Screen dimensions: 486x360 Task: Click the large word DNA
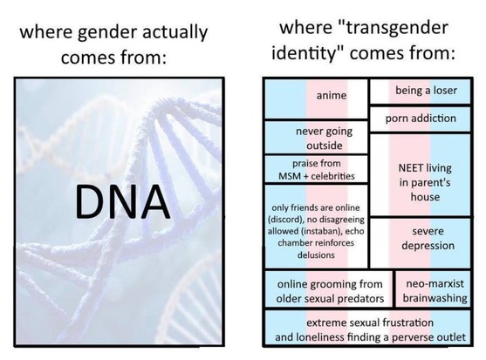[122, 201]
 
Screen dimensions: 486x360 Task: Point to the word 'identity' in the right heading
[304, 52]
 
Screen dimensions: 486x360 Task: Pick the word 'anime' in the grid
[332, 95]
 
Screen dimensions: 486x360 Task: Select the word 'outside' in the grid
[325, 146]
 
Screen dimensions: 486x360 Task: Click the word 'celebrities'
[332, 176]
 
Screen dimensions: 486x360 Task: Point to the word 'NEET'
[411, 168]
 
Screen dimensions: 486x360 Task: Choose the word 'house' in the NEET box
[425, 197]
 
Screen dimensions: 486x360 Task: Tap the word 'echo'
[354, 231]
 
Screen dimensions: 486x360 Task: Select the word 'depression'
[428, 246]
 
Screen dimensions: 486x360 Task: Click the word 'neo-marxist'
[435, 283]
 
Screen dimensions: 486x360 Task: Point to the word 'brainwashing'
[435, 298]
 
